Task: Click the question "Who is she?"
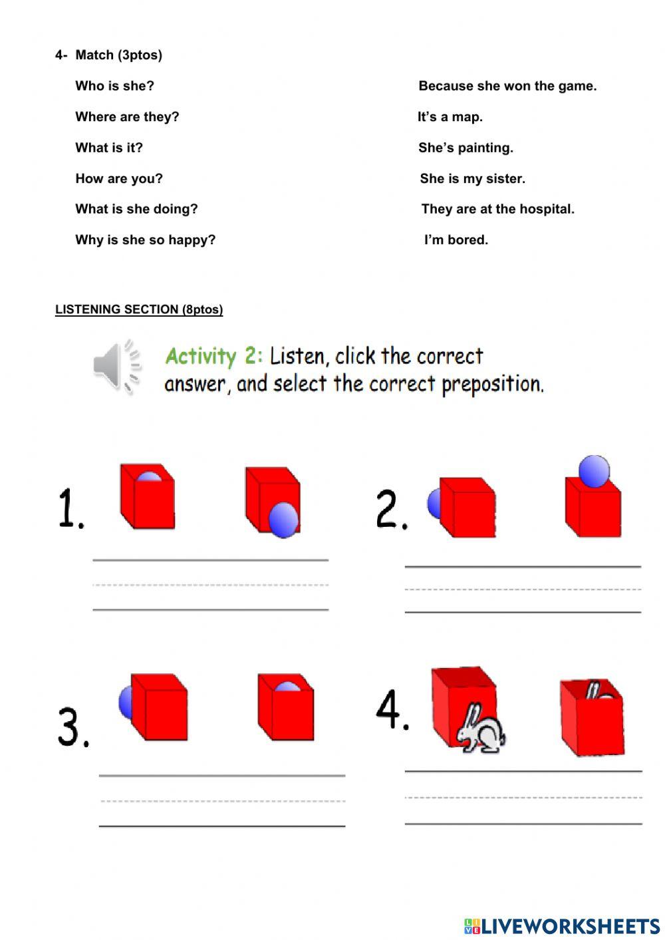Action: pyautogui.click(x=114, y=86)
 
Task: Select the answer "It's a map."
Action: pyautogui.click(x=450, y=117)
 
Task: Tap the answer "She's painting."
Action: pyautogui.click(x=465, y=148)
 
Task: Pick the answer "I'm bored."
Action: pyautogui.click(x=456, y=240)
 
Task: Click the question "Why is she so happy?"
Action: pyautogui.click(x=145, y=240)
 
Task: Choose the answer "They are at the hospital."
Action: pyautogui.click(x=497, y=209)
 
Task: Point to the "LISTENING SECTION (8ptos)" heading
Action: pyautogui.click(x=139, y=309)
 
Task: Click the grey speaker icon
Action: pyautogui.click(x=117, y=366)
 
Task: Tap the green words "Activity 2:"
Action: pyautogui.click(x=213, y=357)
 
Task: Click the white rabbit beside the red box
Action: pyautogui.click(x=480, y=730)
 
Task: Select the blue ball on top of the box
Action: pyautogui.click(x=594, y=472)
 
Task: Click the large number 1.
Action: pyautogui.click(x=70, y=508)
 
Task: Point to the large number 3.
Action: pyautogui.click(x=72, y=726)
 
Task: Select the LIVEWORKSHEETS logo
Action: pyautogui.click(x=561, y=925)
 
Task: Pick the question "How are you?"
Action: pyautogui.click(x=118, y=178)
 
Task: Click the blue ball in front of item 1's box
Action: pyautogui.click(x=284, y=519)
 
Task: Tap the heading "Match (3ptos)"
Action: pyautogui.click(x=118, y=55)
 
